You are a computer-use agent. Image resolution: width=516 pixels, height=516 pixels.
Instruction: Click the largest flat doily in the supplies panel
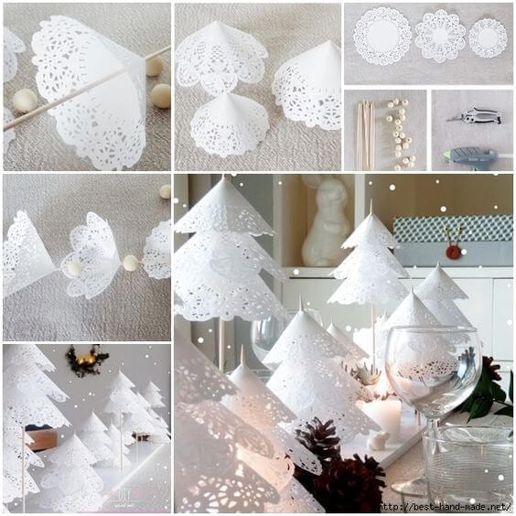tap(382, 37)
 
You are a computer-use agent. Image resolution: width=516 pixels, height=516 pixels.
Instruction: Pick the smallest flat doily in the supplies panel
tap(488, 38)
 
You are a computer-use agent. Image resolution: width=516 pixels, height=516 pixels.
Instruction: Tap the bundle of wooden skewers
tap(366, 135)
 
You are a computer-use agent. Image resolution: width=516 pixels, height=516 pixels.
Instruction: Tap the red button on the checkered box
tap(450, 250)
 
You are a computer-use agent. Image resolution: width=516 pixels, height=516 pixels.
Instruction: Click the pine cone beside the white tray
tap(318, 438)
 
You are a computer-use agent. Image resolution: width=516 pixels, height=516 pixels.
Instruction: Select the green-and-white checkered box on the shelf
tap(452, 229)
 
